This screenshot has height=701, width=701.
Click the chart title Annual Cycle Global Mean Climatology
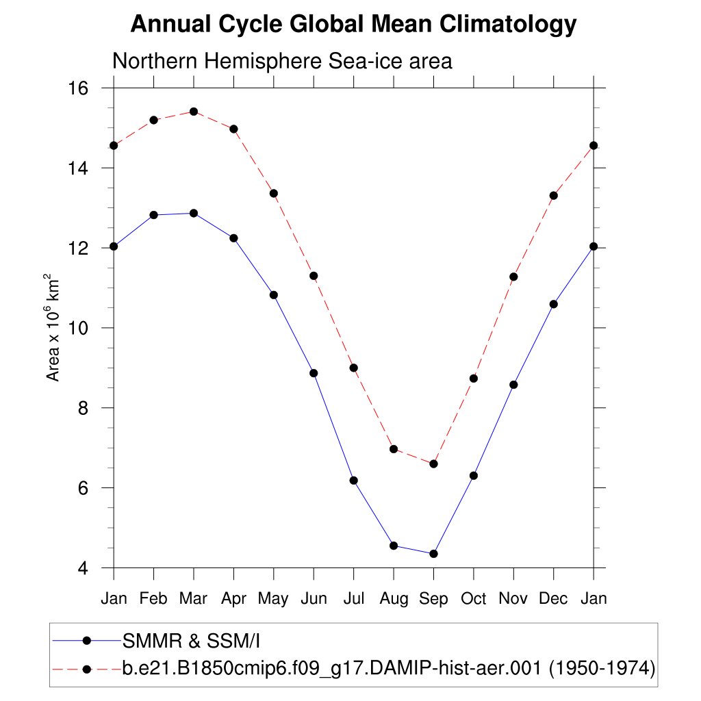click(x=353, y=25)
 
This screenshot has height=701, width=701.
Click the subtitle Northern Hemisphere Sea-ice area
click(x=282, y=61)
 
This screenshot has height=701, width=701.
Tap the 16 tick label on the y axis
click(x=80, y=88)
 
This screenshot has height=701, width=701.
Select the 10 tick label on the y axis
click(x=80, y=328)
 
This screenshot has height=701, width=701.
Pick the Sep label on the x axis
click(x=433, y=599)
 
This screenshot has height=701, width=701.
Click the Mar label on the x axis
click(x=193, y=599)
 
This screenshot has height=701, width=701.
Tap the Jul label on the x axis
click(x=353, y=599)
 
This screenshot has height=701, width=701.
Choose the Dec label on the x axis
click(x=553, y=599)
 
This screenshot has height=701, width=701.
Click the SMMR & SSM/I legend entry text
click(x=192, y=641)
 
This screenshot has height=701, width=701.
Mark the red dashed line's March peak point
click(x=194, y=112)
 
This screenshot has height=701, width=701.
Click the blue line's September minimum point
click(x=433, y=554)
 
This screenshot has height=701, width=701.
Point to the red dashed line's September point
click(x=433, y=464)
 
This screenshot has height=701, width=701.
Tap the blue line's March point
click(x=194, y=213)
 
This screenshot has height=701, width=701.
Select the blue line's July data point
click(x=353, y=481)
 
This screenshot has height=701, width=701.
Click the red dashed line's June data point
click(x=314, y=276)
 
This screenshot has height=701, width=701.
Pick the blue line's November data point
click(x=513, y=385)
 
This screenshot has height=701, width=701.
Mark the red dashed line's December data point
click(x=553, y=196)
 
